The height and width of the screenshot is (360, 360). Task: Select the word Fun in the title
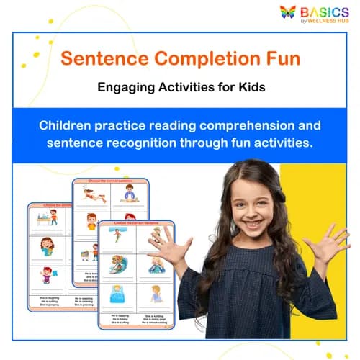pos(281,58)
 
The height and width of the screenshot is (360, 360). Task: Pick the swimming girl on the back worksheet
pos(92,194)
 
